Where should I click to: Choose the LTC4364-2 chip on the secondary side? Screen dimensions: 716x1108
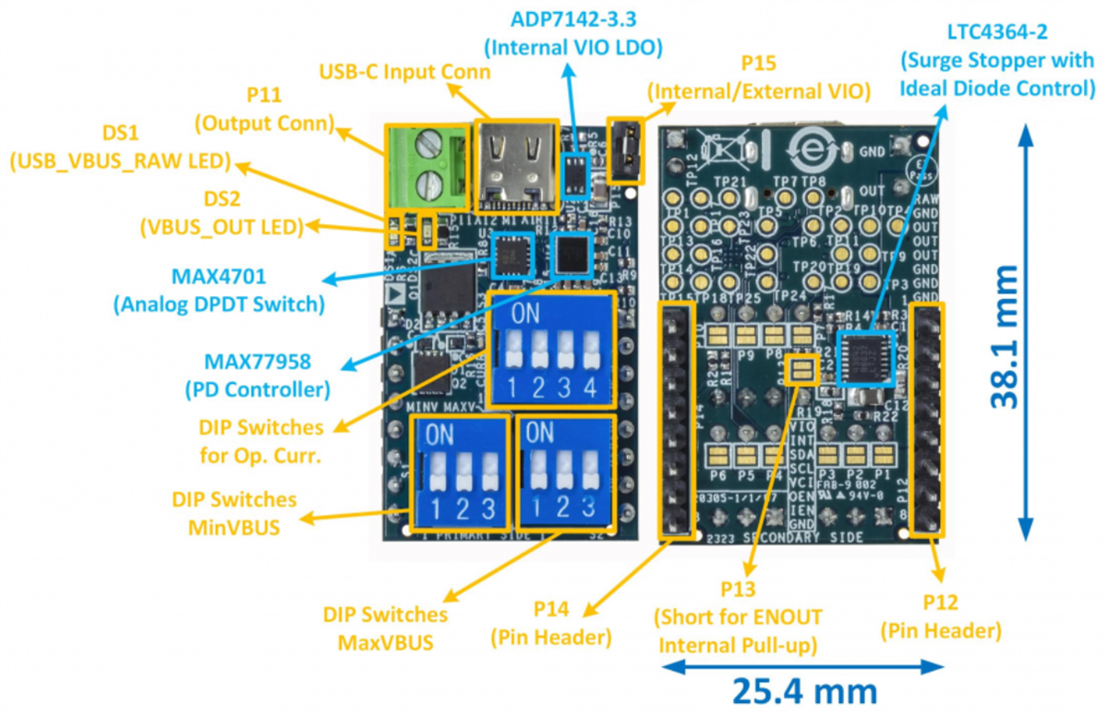867,355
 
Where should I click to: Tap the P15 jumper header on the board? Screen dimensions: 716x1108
624,149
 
